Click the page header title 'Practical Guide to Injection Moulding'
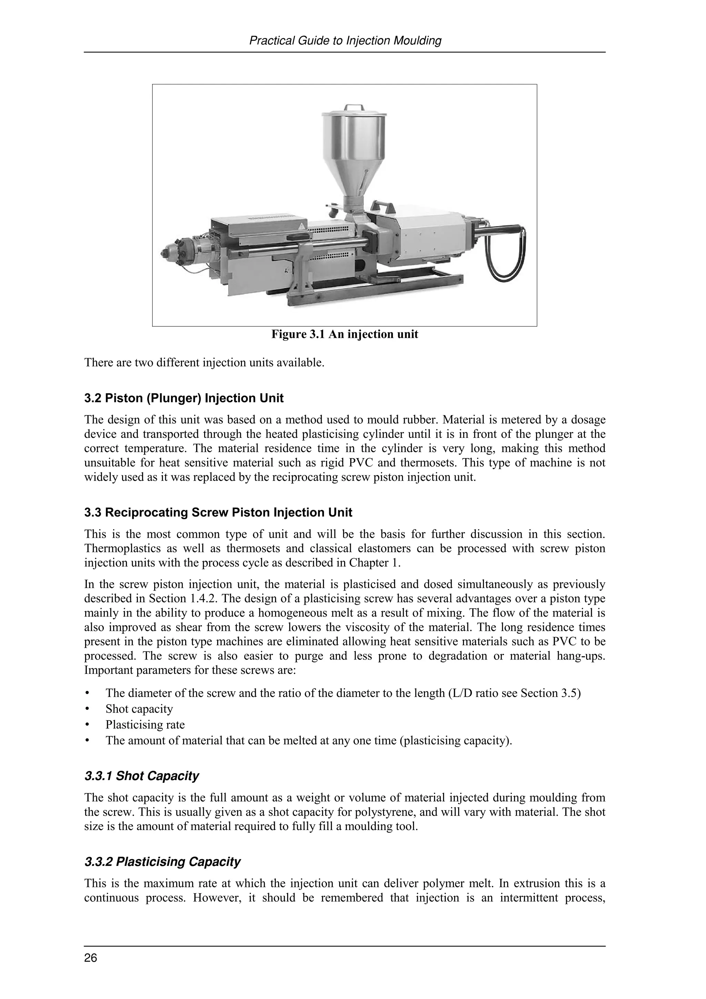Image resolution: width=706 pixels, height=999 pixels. coord(345,41)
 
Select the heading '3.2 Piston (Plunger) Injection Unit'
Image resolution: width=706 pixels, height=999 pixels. coord(184,398)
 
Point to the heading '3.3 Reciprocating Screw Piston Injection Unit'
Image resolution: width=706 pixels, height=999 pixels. coord(218,513)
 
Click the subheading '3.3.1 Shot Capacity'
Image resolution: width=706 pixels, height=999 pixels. coord(141,776)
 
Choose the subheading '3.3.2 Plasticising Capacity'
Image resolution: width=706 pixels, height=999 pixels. coord(162,862)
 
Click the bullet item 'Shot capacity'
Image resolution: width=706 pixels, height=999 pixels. coord(139,709)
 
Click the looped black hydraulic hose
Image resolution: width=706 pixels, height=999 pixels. coord(509,257)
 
